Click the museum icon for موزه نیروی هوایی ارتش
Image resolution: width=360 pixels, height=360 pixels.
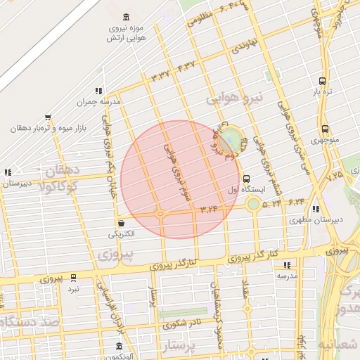tap(126, 17)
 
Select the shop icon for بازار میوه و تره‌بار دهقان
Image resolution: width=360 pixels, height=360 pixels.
tap(47, 118)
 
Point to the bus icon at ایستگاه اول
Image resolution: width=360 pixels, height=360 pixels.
tap(245, 179)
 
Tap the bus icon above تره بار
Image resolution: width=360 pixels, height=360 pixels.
tap(322, 81)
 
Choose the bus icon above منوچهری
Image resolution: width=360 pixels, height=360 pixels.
tap(324, 129)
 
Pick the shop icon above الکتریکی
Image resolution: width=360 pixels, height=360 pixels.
tap(122, 222)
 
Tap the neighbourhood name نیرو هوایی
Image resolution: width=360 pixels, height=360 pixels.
tap(234, 99)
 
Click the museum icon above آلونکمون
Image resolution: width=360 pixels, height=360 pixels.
tap(119, 347)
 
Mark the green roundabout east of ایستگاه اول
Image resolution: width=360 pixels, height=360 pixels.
tap(252, 204)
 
